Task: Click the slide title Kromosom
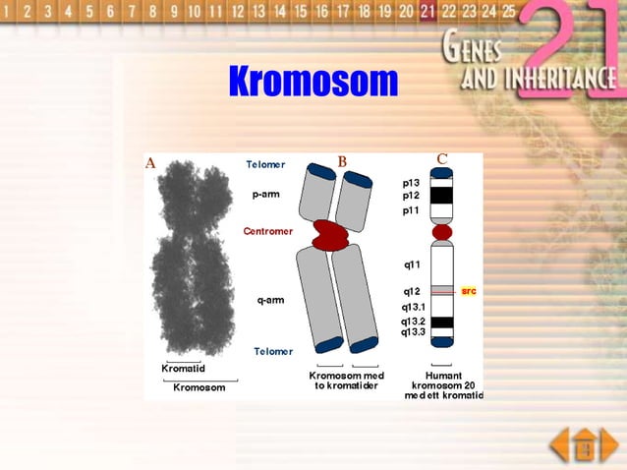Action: [313, 82]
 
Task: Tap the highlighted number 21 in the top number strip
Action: [427, 12]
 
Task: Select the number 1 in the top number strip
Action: [7, 13]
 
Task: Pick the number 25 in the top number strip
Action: [508, 12]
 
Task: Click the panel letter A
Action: [151, 163]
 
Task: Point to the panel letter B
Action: [342, 161]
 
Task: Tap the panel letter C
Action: [442, 159]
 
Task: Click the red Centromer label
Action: [269, 231]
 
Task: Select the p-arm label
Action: [266, 194]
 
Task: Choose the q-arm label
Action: [270, 299]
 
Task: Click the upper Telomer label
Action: [265, 164]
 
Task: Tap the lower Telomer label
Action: [272, 351]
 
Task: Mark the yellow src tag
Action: [469, 291]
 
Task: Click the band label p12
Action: [411, 196]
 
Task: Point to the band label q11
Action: [412, 264]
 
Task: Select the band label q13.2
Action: [413, 321]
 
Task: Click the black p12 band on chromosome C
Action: [442, 196]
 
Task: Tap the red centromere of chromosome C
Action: [442, 232]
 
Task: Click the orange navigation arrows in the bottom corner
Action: [584, 444]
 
